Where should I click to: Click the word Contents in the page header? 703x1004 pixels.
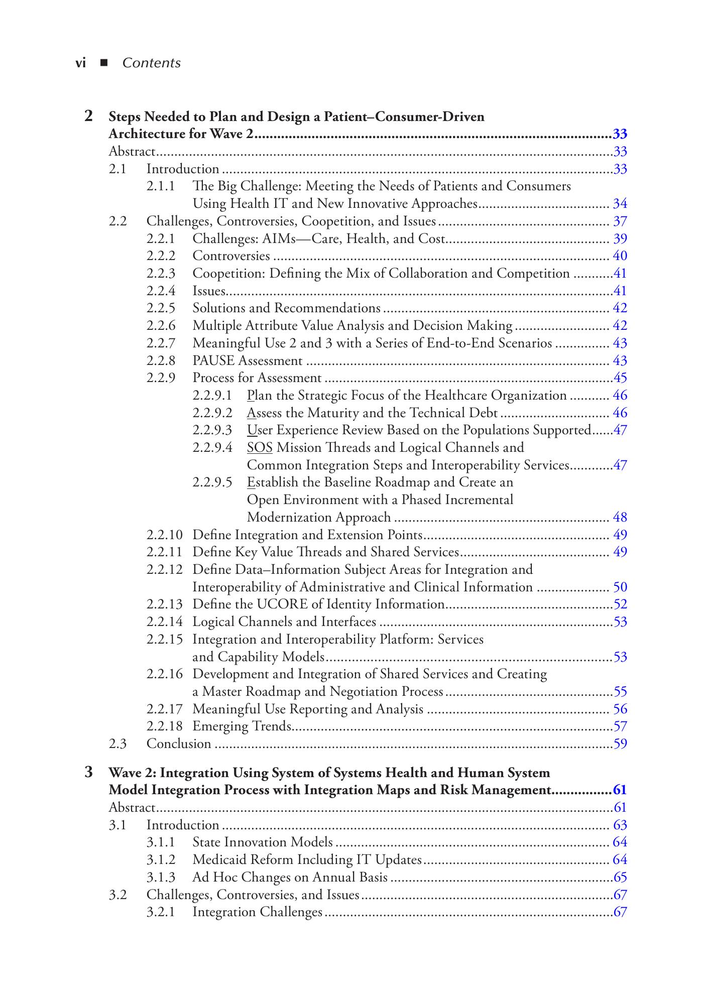click(x=151, y=63)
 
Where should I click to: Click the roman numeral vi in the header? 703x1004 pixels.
click(x=80, y=63)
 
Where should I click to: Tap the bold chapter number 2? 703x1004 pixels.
click(x=89, y=116)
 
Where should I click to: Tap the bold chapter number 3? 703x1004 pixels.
click(x=89, y=772)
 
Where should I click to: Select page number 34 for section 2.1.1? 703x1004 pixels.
click(x=620, y=204)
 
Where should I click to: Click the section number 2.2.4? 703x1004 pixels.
click(x=161, y=291)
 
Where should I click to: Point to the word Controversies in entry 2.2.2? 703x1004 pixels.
click(x=231, y=256)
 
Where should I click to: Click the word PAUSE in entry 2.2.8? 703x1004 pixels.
click(x=213, y=361)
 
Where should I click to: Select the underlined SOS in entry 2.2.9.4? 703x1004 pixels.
click(x=260, y=448)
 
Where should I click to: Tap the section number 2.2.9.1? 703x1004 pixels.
click(x=212, y=396)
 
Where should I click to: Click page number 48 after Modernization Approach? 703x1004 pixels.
click(x=620, y=518)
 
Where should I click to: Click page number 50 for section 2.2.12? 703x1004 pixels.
click(x=620, y=587)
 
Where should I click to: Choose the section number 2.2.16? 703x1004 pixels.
click(x=164, y=674)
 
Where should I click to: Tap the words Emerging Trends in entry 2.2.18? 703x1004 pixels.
click(x=242, y=726)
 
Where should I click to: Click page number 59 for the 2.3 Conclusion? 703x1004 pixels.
click(x=620, y=744)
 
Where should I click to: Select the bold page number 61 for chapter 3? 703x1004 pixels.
click(x=620, y=790)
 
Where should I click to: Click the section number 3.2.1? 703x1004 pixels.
click(x=161, y=912)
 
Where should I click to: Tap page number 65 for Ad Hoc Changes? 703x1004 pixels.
click(x=620, y=877)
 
